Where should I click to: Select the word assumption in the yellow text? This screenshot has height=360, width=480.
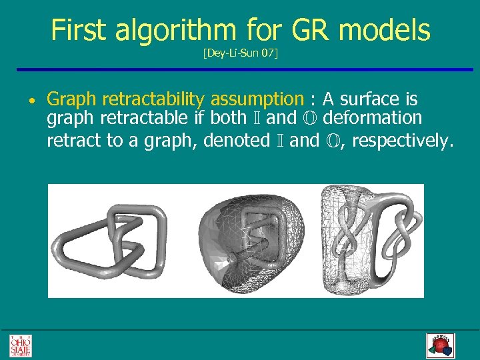pyautogui.click(x=257, y=100)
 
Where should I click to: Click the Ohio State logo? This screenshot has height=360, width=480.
pyautogui.click(x=20, y=345)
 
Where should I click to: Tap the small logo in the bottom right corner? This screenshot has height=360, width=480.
pyautogui.click(x=439, y=345)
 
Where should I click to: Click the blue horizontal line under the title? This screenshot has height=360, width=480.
pyautogui.click(x=240, y=69)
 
